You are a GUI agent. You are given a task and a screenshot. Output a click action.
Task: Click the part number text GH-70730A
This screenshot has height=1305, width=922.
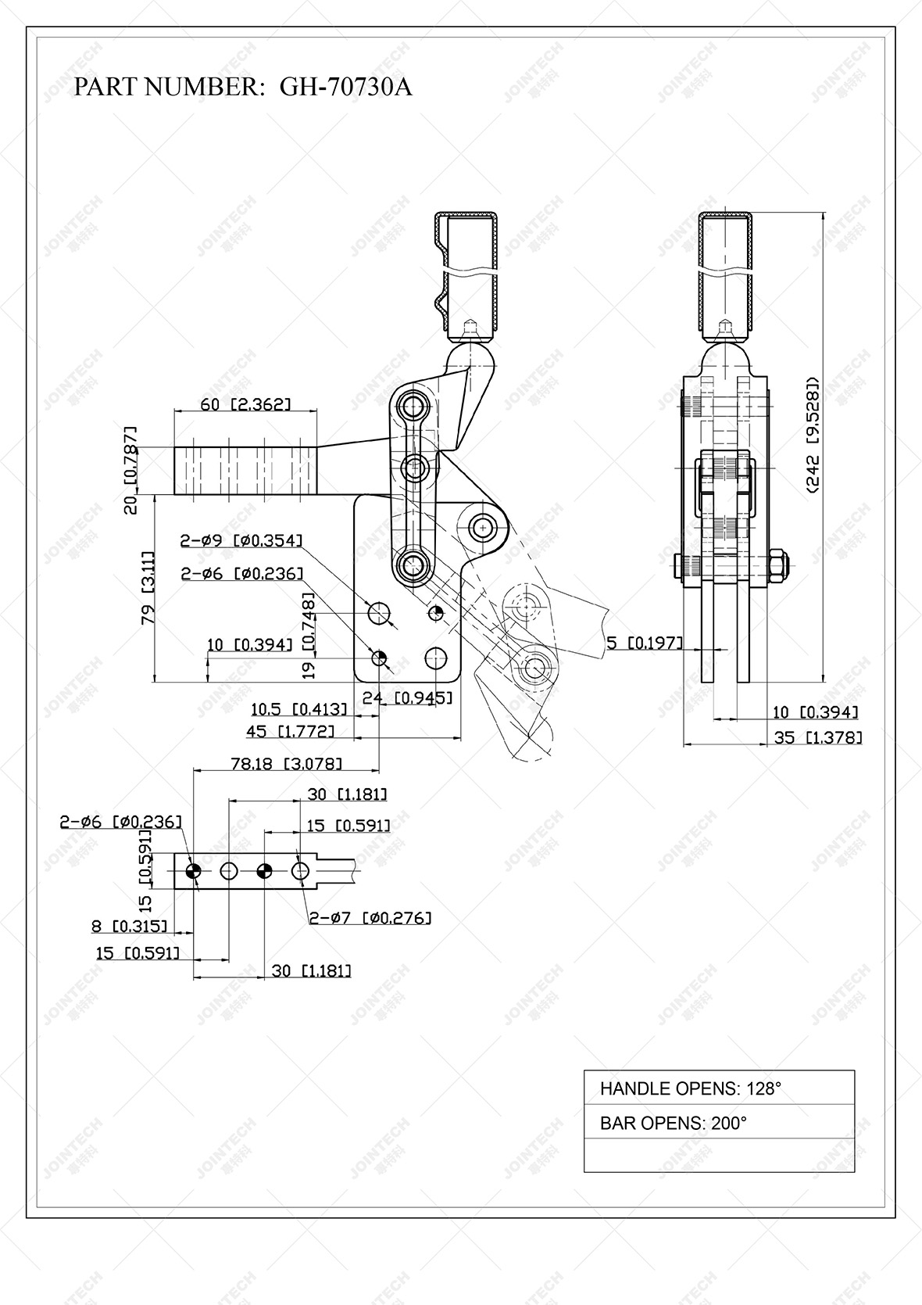coord(345,87)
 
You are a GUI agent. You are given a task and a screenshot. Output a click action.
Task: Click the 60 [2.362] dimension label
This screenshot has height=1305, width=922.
coord(245,404)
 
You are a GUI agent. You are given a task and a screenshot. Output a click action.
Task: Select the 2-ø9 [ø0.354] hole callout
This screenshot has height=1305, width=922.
coord(241,540)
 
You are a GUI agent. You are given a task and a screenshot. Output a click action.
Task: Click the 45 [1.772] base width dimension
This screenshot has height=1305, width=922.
coord(291,731)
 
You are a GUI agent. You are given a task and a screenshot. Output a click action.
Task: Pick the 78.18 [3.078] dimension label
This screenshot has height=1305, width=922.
coord(286,764)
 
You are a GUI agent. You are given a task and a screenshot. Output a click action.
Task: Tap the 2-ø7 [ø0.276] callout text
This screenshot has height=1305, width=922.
coord(370,917)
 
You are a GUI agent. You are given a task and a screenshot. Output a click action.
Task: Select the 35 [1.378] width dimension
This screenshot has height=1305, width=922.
coord(818,737)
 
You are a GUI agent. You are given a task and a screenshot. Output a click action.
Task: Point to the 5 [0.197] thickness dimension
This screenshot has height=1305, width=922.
coord(645,643)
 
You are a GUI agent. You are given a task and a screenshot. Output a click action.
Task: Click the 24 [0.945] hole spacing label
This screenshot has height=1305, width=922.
coord(407,697)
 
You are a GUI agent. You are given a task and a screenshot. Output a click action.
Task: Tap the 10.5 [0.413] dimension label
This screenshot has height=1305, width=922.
coord(298,709)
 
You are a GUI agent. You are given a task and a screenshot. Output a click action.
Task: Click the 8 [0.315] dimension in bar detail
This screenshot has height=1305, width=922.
coord(130,927)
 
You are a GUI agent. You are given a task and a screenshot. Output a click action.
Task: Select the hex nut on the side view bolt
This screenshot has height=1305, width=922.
coord(777,565)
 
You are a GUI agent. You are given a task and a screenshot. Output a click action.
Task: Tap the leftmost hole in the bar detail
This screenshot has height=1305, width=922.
coord(194,870)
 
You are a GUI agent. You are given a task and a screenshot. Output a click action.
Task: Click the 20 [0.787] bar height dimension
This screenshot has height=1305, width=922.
coord(131,470)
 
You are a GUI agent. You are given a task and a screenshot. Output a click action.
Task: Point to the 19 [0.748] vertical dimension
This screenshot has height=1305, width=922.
coord(309,634)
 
